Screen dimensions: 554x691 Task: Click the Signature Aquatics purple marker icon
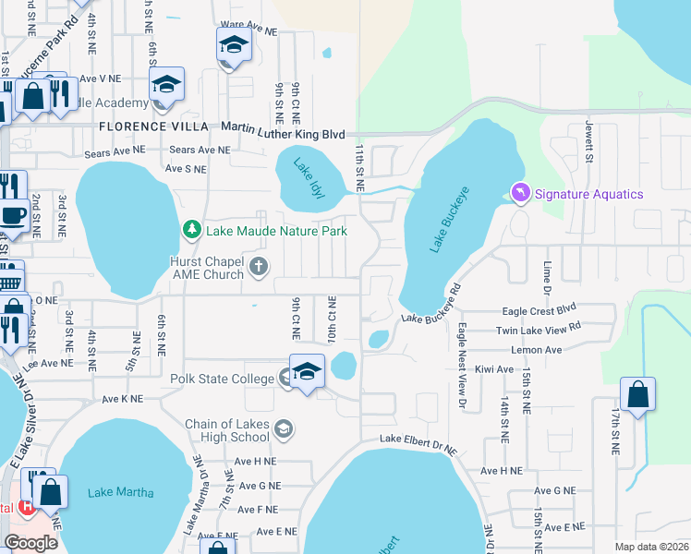pyautogui.click(x=519, y=193)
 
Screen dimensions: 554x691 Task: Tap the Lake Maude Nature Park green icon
pyautogui.click(x=191, y=228)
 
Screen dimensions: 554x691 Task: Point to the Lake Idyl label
pyautogui.click(x=305, y=174)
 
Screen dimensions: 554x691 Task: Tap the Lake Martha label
pyautogui.click(x=121, y=492)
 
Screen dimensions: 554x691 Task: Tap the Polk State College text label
pyautogui.click(x=223, y=378)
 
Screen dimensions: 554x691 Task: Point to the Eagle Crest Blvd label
pyautogui.click(x=539, y=312)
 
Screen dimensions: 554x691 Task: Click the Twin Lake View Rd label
pyautogui.click(x=539, y=329)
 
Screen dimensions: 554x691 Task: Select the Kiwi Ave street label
pyautogui.click(x=492, y=369)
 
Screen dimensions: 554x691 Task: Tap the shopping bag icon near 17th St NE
pyautogui.click(x=637, y=394)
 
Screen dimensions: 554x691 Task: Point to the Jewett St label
pyautogui.click(x=588, y=142)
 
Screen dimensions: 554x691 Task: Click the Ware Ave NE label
pyautogui.click(x=249, y=30)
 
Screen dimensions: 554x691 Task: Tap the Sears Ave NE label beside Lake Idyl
pyautogui.click(x=198, y=150)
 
